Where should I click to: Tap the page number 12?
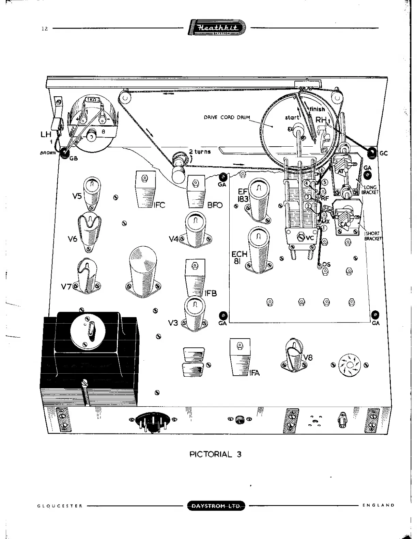tap(45, 29)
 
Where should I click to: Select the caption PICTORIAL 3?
tap(215, 454)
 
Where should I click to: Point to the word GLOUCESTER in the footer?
tap(60, 506)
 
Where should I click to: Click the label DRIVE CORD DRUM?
tap(227, 117)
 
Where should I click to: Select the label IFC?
tap(159, 205)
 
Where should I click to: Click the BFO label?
tap(215, 205)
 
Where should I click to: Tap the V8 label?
tap(308, 358)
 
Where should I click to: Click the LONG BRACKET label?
tap(370, 190)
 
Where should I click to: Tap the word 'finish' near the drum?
tap(317, 109)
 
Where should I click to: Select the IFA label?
tap(254, 373)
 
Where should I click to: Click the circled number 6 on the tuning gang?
tap(322, 170)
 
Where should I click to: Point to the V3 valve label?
tap(173, 323)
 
